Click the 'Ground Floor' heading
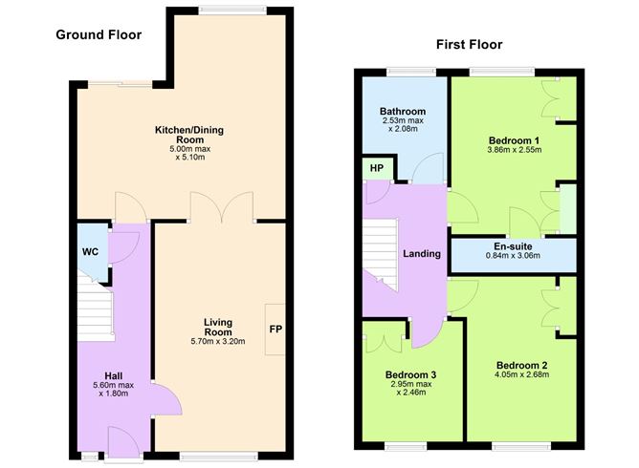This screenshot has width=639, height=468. point(99,35)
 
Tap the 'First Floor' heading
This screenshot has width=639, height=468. point(469,44)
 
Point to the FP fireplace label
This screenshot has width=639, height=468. point(275,330)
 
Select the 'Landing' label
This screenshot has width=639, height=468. point(422,254)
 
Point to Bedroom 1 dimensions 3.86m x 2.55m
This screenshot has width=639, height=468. point(514,150)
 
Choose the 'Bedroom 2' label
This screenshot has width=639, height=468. point(521,366)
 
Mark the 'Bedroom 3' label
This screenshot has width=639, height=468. point(410,374)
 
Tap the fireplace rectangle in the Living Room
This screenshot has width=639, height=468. point(275,330)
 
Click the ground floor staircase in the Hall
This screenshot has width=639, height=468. point(95,315)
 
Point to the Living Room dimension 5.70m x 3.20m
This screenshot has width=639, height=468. point(220,340)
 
